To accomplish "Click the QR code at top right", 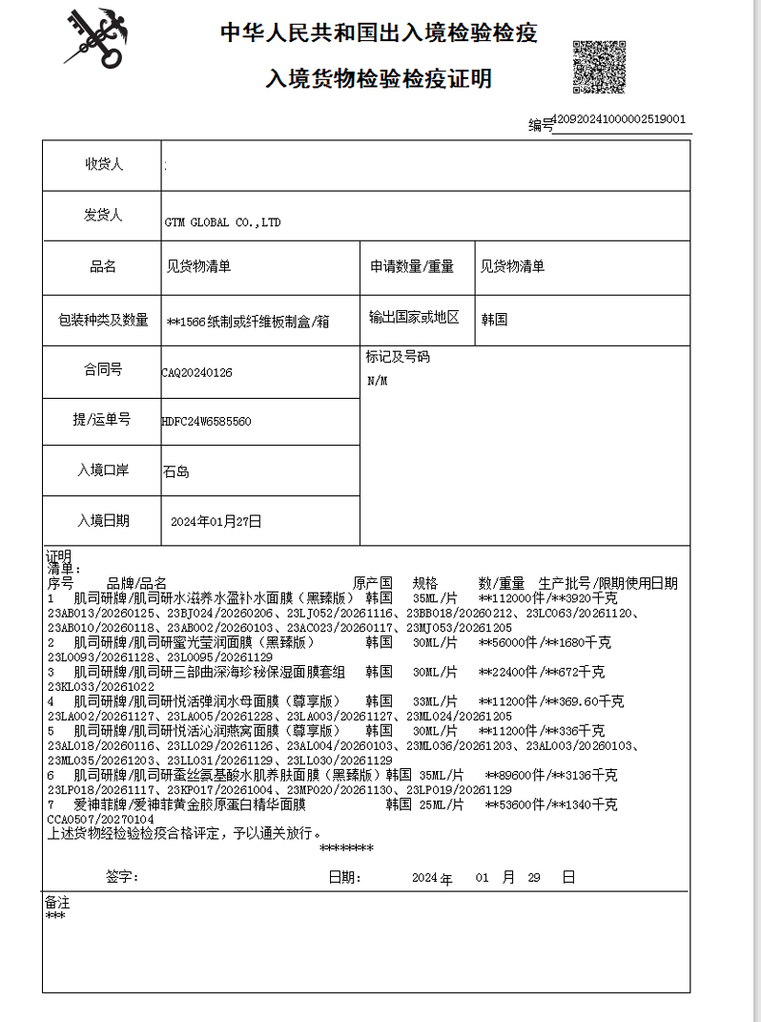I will [598, 66].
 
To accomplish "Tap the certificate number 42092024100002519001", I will [619, 119].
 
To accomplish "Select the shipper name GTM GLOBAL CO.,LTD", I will [222, 222].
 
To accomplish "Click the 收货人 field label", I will [103, 165].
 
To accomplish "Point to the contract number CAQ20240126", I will [197, 372].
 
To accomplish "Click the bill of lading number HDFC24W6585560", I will [207, 421].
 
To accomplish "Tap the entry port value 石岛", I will [176, 471].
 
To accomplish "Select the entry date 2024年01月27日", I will [216, 521].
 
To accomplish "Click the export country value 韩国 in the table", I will [494, 320].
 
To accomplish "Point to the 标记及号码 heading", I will [398, 357].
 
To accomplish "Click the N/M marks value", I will [378, 381].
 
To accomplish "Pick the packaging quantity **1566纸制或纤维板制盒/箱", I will [248, 322].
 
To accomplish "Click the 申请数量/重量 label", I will [412, 267].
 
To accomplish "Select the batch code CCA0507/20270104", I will [100, 819].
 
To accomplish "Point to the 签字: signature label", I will [122, 877].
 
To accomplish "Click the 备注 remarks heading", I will [57, 902].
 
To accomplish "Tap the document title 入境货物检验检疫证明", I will [379, 78].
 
